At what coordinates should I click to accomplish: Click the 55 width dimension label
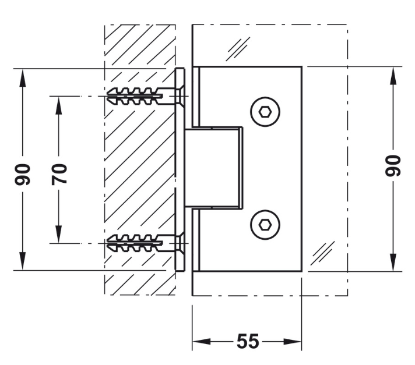[x=248, y=341]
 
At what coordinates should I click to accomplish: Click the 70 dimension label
[x=59, y=175]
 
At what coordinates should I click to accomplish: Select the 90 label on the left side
[x=23, y=175]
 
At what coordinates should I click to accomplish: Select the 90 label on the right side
[x=393, y=165]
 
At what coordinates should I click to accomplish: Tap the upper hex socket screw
[x=265, y=112]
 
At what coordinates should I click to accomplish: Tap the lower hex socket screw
[x=265, y=225]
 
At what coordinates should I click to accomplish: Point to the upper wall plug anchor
[x=135, y=96]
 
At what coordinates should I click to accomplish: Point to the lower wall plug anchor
[x=135, y=243]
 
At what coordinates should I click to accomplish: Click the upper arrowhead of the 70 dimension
[x=59, y=105]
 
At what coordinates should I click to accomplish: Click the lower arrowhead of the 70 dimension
[x=59, y=234]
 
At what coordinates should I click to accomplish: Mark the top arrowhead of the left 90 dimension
[x=23, y=77]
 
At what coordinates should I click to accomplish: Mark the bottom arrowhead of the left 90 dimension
[x=23, y=261]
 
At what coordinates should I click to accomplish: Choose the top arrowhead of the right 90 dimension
[x=393, y=76]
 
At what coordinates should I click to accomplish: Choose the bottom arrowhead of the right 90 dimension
[x=393, y=262]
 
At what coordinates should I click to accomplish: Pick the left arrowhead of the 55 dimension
[x=202, y=342]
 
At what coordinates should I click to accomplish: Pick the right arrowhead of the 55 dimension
[x=293, y=342]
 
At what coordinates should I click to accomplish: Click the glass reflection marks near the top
[x=238, y=49]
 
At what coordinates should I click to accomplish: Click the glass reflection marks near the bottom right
[x=322, y=253]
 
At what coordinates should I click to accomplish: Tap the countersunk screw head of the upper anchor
[x=180, y=96]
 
